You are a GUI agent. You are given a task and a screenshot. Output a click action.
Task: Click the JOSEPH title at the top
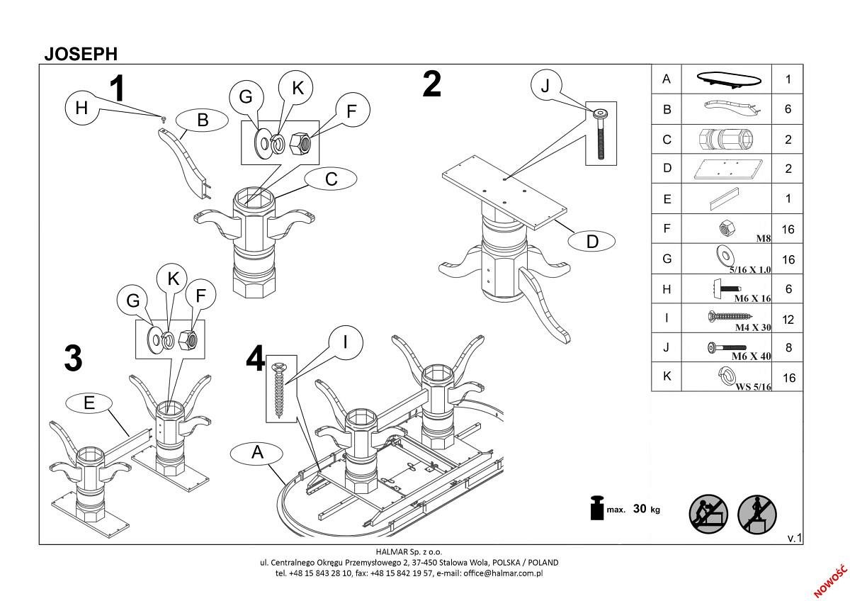pyautogui.click(x=81, y=54)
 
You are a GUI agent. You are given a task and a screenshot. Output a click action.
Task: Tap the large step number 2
pyautogui.click(x=431, y=84)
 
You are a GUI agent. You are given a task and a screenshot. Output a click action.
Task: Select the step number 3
pyautogui.click(x=73, y=359)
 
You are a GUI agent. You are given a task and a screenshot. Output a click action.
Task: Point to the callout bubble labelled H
pyautogui.click(x=81, y=108)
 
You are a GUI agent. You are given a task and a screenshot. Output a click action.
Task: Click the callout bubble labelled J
pyautogui.click(x=545, y=86)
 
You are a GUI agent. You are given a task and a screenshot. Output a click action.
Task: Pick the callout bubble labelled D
pyautogui.click(x=592, y=242)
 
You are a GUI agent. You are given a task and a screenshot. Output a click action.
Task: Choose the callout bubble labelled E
pyautogui.click(x=89, y=403)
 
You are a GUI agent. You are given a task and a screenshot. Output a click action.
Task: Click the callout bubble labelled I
pyautogui.click(x=344, y=343)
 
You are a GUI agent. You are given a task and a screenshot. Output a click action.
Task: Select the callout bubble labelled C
pyautogui.click(x=331, y=179)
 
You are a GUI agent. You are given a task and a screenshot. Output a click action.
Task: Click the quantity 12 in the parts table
pyautogui.click(x=788, y=319)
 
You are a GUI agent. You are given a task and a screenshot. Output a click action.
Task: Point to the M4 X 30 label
pyautogui.click(x=752, y=327)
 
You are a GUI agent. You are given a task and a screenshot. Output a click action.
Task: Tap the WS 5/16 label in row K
pyautogui.click(x=754, y=387)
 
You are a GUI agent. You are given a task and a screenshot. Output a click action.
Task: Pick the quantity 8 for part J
pyautogui.click(x=788, y=349)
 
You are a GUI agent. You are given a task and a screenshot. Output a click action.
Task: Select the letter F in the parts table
pyautogui.click(x=666, y=229)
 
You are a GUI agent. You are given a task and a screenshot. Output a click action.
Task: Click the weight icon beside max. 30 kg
pyautogui.click(x=596, y=507)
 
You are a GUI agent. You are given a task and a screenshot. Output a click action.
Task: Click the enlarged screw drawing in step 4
pyautogui.click(x=278, y=388)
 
